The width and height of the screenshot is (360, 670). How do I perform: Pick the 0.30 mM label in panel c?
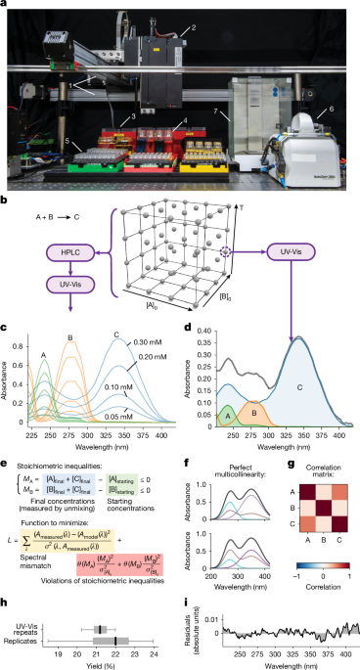(161, 342)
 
